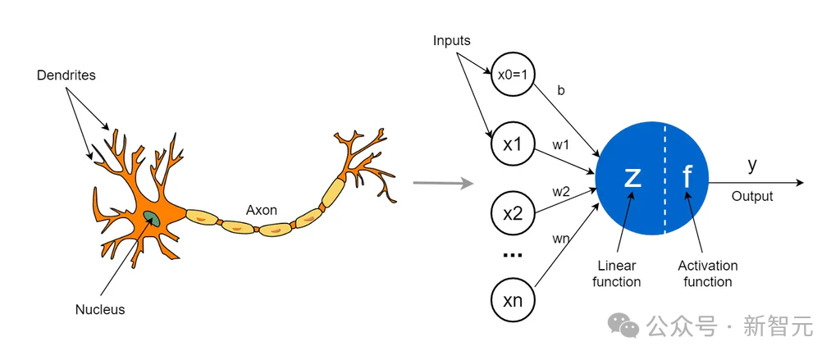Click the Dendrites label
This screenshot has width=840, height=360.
(66, 75)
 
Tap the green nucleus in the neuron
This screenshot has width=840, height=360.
(153, 217)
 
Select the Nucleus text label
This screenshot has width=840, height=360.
(100, 309)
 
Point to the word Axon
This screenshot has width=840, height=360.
(262, 210)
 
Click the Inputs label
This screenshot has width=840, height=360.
(451, 40)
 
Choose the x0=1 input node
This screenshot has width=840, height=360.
(513, 75)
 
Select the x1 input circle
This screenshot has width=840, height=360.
(513, 144)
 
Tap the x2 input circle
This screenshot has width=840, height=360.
(513, 214)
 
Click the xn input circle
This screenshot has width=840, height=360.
(513, 300)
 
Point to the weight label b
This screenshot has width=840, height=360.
(561, 91)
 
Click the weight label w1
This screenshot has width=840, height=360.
(561, 145)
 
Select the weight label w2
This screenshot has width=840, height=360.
(561, 191)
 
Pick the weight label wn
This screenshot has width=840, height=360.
(561, 239)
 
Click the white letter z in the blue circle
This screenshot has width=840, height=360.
(632, 177)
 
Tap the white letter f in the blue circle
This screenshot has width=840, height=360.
(687, 177)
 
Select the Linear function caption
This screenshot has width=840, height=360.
(616, 274)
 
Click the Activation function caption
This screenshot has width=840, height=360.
(707, 274)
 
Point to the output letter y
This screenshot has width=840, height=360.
(752, 165)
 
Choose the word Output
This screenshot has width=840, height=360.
(752, 197)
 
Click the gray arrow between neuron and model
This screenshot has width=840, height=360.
(443, 183)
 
